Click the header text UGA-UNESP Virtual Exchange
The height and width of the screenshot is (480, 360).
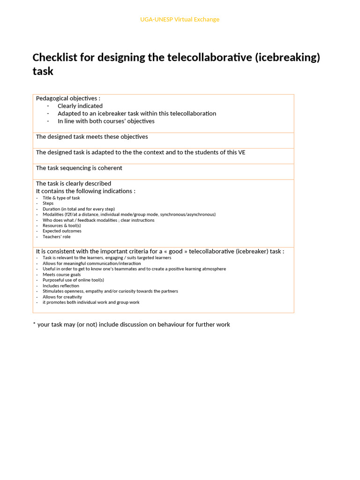coord(180,19)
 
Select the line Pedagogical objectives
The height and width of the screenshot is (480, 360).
coord(68,98)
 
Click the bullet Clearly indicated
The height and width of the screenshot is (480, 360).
coord(80,106)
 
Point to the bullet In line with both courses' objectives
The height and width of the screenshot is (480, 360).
coord(105,121)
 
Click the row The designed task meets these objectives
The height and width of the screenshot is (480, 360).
coord(92,137)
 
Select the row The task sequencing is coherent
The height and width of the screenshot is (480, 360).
coord(79,168)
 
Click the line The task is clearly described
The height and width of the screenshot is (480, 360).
coord(74,183)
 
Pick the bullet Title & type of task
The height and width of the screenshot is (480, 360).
coord(61,198)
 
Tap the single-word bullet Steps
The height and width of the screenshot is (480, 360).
coord(48,203)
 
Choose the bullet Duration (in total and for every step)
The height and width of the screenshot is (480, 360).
coord(78,209)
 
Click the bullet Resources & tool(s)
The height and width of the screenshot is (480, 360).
coord(61,225)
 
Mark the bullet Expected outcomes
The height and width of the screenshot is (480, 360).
coord(62,231)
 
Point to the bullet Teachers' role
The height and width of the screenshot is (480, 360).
coord(56,237)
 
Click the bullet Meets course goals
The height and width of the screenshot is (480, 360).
coord(61,275)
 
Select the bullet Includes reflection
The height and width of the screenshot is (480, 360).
coord(60,285)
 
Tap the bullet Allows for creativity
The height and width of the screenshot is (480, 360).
coord(62,297)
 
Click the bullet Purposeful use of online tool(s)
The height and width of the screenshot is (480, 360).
coord(70,280)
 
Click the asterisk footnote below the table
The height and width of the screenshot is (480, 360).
coord(131,324)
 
